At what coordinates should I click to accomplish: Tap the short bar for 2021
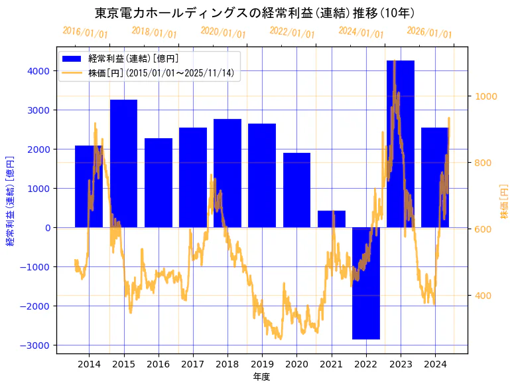click(331, 219)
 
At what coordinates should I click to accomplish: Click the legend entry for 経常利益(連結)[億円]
click(133, 58)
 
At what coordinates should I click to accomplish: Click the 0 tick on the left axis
click(47, 228)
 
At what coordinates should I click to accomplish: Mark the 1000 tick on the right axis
click(485, 96)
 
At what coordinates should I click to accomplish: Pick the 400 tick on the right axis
click(483, 296)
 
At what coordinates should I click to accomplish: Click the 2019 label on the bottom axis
click(261, 364)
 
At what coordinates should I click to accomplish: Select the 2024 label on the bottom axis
click(434, 364)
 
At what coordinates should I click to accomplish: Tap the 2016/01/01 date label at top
click(85, 33)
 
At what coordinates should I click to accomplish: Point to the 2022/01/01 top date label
click(292, 33)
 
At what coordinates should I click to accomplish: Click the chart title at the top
click(255, 13)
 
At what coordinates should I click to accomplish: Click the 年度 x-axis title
click(261, 377)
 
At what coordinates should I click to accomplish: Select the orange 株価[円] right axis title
click(503, 203)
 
